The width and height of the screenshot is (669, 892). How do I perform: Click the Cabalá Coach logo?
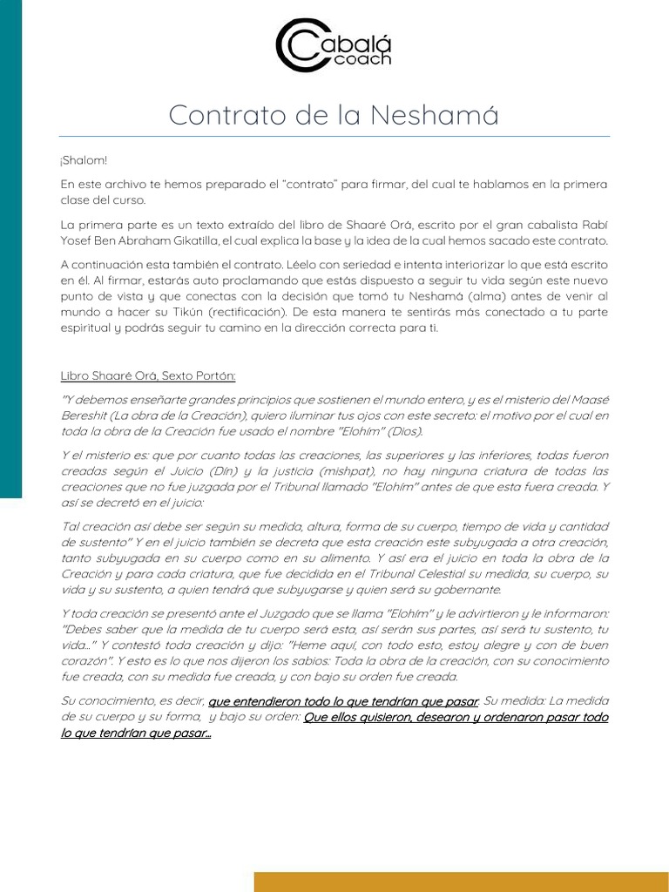coord(334,45)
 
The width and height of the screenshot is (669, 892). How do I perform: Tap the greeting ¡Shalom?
coord(84,160)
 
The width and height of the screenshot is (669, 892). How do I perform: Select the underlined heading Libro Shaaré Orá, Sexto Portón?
coord(148,375)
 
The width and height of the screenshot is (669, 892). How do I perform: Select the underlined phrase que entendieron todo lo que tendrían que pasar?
coord(343,700)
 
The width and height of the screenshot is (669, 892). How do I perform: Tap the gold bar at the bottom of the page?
coord(461,881)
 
